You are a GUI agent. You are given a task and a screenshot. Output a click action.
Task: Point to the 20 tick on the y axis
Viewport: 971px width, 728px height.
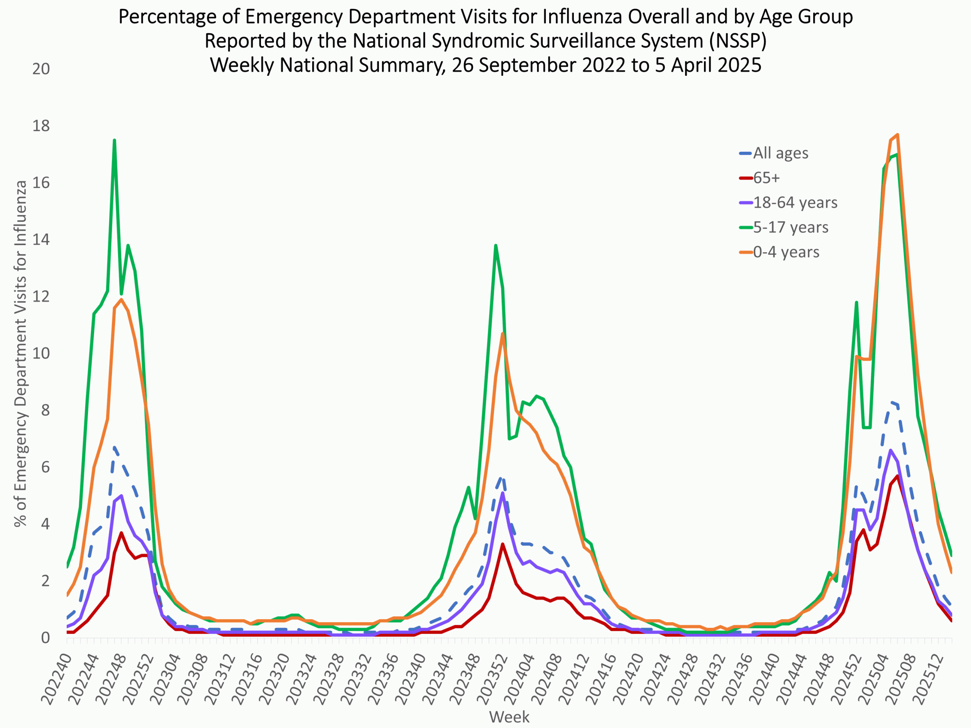point(41,69)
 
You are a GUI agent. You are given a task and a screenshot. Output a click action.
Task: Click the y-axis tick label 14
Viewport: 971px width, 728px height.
point(41,240)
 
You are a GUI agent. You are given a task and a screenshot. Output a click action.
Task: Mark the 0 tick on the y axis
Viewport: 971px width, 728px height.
point(45,638)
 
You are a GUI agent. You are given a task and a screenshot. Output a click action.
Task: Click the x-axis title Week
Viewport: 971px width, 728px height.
point(509,717)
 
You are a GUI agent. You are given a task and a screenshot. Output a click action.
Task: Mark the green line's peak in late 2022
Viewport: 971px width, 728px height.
point(114,140)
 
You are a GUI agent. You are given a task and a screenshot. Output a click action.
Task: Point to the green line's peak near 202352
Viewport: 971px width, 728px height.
point(496,245)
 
